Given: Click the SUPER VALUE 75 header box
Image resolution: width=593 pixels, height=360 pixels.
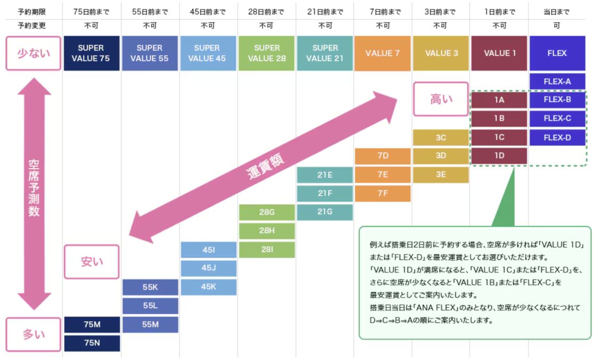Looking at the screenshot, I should [92, 53].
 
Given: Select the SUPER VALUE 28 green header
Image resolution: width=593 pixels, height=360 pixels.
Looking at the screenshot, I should [267, 53].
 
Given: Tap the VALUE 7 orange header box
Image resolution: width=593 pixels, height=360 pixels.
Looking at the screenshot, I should [382, 53].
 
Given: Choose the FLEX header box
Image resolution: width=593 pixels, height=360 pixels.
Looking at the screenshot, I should [557, 53].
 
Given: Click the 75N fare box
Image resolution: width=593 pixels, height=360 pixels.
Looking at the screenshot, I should [92, 343].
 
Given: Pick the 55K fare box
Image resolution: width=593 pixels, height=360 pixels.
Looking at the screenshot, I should [150, 287].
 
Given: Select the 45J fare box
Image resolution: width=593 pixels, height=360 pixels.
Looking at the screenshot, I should [208, 268].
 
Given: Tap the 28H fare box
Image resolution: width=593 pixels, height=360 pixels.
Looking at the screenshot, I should [267, 231].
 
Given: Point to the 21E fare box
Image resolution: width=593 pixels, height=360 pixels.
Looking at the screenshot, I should [325, 175].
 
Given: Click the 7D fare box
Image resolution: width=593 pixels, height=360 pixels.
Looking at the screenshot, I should [382, 156].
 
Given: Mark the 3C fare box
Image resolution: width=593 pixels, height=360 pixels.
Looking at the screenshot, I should [441, 137].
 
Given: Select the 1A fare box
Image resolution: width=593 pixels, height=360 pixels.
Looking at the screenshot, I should [499, 100].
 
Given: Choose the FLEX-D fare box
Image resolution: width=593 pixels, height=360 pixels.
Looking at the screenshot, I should [557, 137].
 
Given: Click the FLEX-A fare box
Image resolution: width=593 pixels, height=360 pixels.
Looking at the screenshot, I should [557, 81].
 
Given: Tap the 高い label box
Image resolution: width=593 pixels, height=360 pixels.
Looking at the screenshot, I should [441, 99].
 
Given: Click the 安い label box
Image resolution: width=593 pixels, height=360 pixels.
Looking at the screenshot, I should [92, 261].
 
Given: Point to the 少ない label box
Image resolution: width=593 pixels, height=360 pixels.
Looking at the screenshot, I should [33, 53].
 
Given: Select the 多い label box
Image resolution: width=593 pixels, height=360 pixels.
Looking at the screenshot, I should [33, 334].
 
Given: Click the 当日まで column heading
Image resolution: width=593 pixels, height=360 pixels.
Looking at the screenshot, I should [557, 11].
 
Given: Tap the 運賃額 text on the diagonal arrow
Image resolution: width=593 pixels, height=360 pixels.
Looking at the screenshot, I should [265, 166].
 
